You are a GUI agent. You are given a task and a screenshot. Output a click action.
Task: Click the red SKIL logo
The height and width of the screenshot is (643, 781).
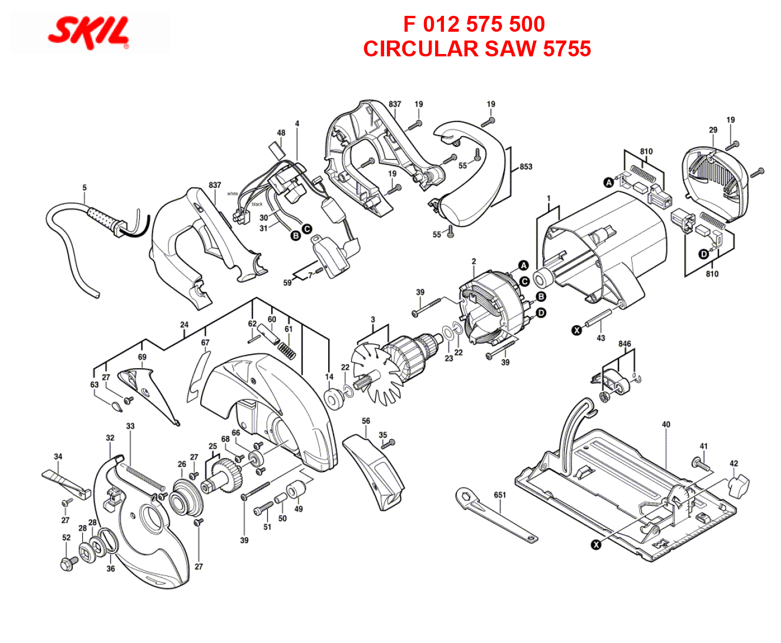coord(89,33)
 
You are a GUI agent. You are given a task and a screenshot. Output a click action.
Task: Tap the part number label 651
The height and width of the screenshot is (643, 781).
coord(500,495)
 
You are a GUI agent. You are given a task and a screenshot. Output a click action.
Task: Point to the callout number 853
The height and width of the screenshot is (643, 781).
coord(526,167)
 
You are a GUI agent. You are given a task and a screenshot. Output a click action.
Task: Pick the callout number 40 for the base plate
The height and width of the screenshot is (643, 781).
coord(666,424)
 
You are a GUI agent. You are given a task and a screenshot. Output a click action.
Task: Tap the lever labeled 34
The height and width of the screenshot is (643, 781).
coord(67,484)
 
